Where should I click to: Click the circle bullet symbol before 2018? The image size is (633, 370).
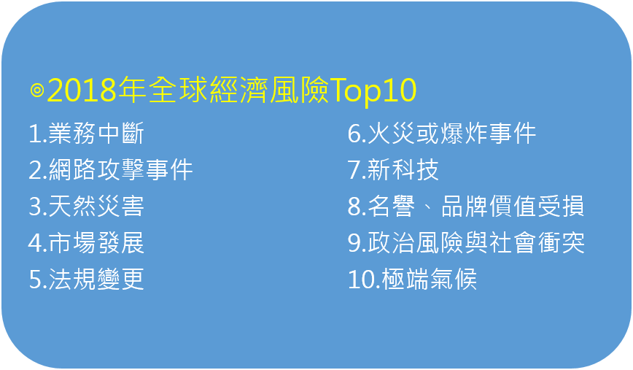point(37,90)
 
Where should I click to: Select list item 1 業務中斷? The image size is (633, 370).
point(86,134)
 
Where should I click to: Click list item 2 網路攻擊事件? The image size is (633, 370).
point(111,169)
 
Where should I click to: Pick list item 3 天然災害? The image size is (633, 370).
point(86,206)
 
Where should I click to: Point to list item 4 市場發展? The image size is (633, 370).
point(86,243)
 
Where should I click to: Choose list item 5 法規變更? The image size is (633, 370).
point(86,279)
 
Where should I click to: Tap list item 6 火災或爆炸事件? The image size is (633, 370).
point(442,134)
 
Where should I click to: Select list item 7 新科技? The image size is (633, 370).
point(393,169)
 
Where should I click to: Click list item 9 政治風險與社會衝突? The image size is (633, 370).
point(466,243)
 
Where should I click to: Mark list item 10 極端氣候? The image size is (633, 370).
point(412,279)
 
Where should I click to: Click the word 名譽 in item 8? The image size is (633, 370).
point(391,206)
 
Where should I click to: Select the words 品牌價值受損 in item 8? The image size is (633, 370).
point(513,206)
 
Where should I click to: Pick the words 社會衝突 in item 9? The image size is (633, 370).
point(537,243)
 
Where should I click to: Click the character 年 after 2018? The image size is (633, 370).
point(132,90)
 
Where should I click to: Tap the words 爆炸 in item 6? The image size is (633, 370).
point(464,134)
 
